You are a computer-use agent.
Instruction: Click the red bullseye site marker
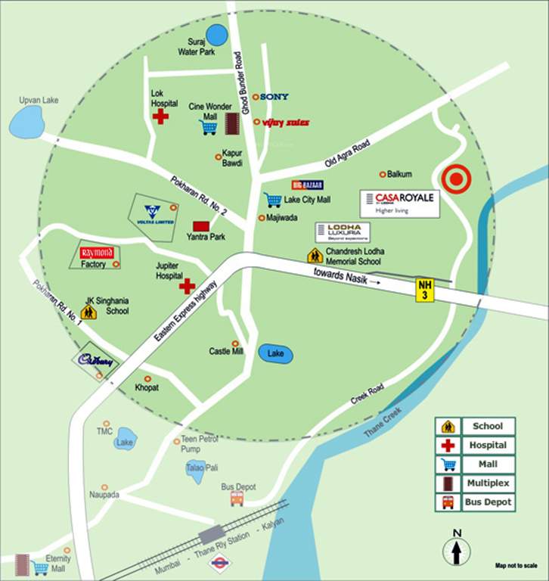(x=456, y=180)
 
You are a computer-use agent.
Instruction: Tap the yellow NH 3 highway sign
(x=425, y=290)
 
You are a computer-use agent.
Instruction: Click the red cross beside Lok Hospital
(x=160, y=116)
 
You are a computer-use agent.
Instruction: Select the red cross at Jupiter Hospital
(x=187, y=285)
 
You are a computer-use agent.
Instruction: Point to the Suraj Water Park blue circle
(x=217, y=35)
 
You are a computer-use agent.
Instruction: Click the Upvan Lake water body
(x=26, y=122)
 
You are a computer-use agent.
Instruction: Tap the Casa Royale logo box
(x=399, y=203)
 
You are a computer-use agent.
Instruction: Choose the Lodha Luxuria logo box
(x=343, y=232)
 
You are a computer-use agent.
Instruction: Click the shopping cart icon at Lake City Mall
(x=272, y=200)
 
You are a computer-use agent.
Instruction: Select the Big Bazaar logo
(x=307, y=185)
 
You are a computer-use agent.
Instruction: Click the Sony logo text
(x=275, y=97)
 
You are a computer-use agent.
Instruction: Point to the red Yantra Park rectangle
(x=200, y=225)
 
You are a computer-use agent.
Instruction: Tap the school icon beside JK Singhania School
(x=88, y=311)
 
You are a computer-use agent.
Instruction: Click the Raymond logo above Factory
(x=97, y=253)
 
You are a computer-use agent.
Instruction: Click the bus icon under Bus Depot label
(x=237, y=499)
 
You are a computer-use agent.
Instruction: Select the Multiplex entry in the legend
(x=476, y=483)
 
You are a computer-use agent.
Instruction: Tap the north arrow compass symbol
(x=457, y=548)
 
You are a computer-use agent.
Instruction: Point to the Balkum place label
(x=399, y=174)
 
